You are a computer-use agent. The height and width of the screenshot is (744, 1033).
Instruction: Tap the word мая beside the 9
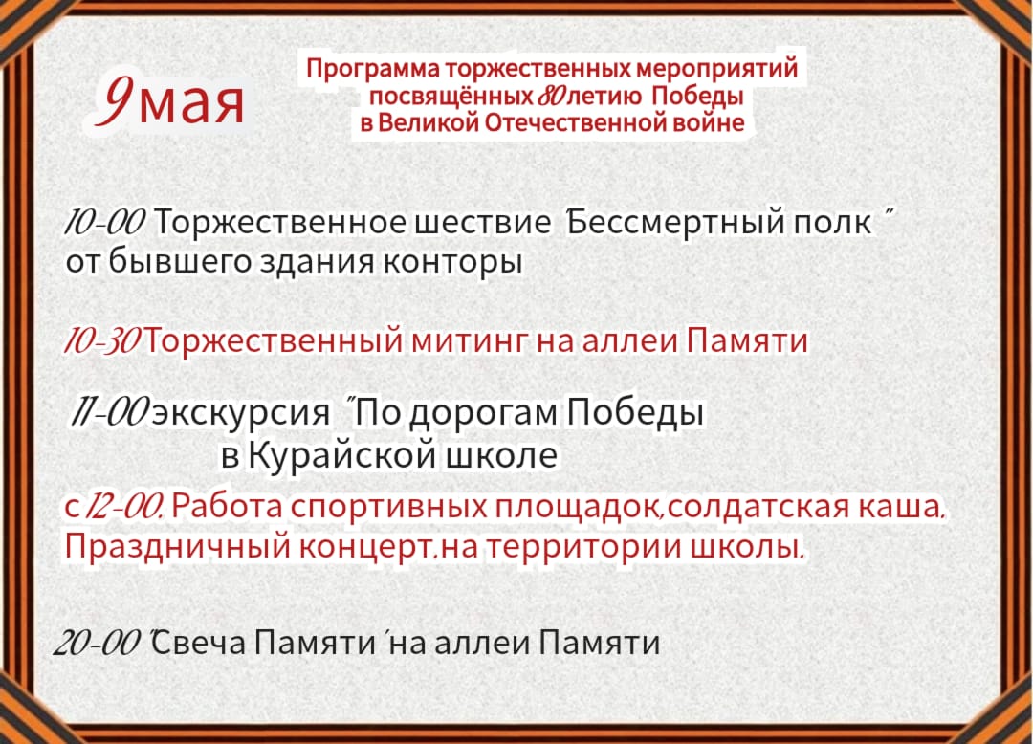tap(191, 105)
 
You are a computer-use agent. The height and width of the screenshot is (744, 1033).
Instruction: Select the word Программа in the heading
tap(374, 69)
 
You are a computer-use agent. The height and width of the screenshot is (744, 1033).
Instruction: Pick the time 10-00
tap(104, 223)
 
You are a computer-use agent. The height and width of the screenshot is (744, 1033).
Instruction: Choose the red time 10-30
tap(101, 341)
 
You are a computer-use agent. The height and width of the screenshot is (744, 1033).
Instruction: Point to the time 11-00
tap(110, 413)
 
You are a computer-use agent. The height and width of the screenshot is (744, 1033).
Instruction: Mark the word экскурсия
tap(241, 414)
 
